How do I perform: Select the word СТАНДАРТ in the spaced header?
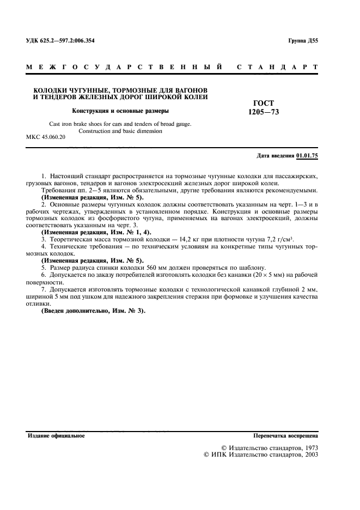278,68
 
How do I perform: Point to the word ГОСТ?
264,103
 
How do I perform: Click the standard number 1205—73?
264,112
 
